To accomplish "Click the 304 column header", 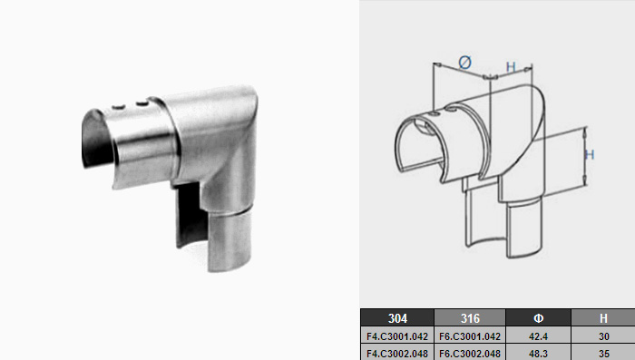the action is point(397,317).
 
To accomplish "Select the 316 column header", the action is point(470,317).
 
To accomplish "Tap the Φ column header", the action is point(538,317).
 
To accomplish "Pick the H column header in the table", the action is point(603,317).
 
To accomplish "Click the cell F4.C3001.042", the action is point(397,336).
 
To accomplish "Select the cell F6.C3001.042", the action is point(470,336).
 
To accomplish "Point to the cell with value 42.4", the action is point(538,336).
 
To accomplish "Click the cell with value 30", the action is point(603,336).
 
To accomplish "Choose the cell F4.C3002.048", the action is point(397,353).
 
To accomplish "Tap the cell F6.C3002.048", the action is point(470,353).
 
